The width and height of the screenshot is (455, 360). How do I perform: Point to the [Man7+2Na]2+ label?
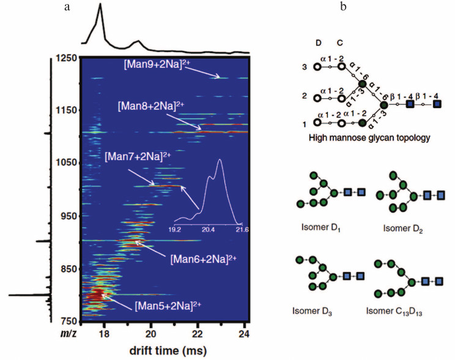tap(137, 158)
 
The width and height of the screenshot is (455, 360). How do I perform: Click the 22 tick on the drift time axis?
tap(198, 334)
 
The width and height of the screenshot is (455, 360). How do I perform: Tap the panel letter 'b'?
tap(344, 7)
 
